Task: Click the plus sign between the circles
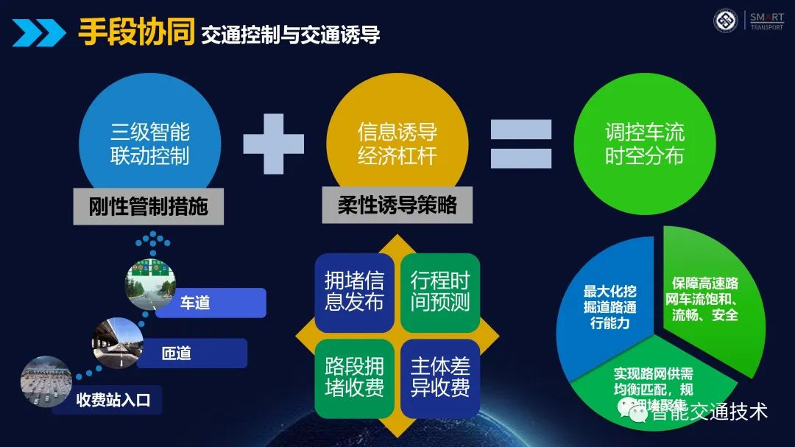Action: [x=274, y=144]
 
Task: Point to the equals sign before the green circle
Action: [x=521, y=144]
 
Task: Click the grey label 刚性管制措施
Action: [x=148, y=207]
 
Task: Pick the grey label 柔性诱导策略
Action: [x=397, y=205]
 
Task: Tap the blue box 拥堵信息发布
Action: [x=354, y=292]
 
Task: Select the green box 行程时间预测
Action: [x=440, y=292]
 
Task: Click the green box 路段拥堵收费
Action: [x=354, y=378]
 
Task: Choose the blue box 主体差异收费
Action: [x=440, y=378]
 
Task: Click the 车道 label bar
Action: [x=211, y=303]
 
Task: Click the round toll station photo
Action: [x=46, y=381]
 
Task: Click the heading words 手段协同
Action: [x=136, y=33]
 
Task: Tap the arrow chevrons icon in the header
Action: [x=38, y=32]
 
